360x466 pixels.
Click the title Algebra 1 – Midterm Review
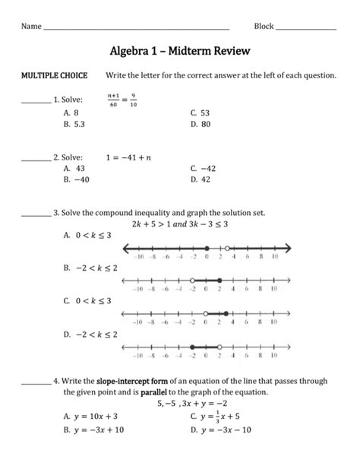pyautogui.click(x=180, y=51)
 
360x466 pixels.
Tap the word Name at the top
pyautogui.click(x=31, y=27)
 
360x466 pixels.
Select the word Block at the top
pyautogui.click(x=264, y=27)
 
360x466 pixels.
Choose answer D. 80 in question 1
pyautogui.click(x=201, y=122)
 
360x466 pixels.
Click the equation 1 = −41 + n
pyautogui.click(x=128, y=157)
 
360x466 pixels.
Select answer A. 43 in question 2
pyautogui.click(x=74, y=169)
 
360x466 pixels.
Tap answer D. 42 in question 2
pyautogui.click(x=201, y=180)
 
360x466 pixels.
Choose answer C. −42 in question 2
pyautogui.click(x=204, y=169)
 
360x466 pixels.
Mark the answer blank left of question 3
pyautogui.click(x=34, y=215)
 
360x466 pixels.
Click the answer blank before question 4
pyautogui.click(x=34, y=382)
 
